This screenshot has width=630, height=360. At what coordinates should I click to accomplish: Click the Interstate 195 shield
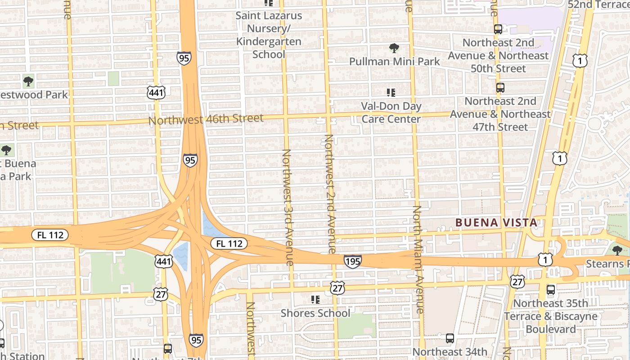tap(353, 261)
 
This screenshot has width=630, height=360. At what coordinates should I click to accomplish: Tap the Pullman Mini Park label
tap(395, 61)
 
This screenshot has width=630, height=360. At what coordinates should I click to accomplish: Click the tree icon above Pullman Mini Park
tap(394, 48)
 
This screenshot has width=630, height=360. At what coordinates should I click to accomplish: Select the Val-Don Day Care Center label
tap(391, 112)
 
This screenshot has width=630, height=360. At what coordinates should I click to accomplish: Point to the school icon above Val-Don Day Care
tap(391, 93)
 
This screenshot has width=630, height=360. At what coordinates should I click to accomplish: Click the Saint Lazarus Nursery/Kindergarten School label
tap(269, 35)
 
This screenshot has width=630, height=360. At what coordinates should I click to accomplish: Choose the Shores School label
tap(315, 313)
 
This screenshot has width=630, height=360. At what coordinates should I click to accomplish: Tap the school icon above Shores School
tap(315, 299)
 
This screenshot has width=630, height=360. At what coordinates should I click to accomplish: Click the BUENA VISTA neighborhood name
tap(496, 222)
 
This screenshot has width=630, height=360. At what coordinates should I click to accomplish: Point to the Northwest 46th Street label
tap(206, 119)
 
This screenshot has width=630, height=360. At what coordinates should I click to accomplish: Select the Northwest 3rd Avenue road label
tap(288, 207)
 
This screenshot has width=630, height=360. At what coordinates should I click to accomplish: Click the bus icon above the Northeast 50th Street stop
tap(498, 30)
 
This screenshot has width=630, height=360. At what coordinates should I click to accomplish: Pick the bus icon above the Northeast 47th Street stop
tap(500, 88)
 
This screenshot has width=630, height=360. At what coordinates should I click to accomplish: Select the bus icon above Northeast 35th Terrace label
tap(551, 290)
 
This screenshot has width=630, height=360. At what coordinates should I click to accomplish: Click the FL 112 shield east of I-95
tap(229, 243)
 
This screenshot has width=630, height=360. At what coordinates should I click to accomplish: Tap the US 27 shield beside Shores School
tap(337, 288)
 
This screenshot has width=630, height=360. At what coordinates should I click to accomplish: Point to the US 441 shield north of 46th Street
tap(156, 93)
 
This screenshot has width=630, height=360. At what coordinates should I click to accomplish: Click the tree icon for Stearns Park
tap(617, 250)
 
